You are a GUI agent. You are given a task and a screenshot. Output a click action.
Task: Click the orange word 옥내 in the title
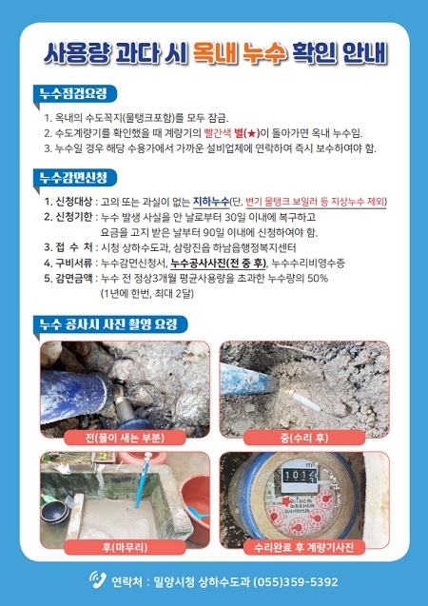click(x=215, y=52)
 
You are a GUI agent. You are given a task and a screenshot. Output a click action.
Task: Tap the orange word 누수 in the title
click(x=264, y=52)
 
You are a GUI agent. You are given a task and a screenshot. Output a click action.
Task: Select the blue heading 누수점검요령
click(x=73, y=93)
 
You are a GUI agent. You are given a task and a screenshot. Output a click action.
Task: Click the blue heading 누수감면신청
click(x=73, y=177)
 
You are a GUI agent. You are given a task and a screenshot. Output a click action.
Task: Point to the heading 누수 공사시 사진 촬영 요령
click(x=108, y=323)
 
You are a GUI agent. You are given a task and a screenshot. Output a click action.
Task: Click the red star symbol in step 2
click(x=251, y=134)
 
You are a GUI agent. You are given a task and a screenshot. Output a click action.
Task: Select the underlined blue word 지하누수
click(x=211, y=202)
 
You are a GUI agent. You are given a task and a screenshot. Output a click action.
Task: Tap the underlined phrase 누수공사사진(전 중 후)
click(x=219, y=264)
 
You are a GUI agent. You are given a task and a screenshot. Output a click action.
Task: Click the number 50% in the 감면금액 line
click(x=318, y=278)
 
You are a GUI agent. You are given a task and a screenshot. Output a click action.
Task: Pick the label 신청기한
click(x=68, y=217)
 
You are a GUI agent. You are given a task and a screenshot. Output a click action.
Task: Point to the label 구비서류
click(x=68, y=264)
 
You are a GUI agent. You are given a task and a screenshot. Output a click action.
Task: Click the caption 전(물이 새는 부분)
click(x=125, y=438)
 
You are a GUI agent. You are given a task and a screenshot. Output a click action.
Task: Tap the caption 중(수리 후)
click(x=304, y=438)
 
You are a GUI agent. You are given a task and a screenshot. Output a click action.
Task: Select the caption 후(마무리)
click(x=125, y=547)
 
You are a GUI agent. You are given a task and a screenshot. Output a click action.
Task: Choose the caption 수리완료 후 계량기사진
click(x=304, y=547)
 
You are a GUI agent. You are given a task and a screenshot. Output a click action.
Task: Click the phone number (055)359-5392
click(x=295, y=581)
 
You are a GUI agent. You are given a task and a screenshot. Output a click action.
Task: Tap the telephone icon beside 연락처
click(x=97, y=579)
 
